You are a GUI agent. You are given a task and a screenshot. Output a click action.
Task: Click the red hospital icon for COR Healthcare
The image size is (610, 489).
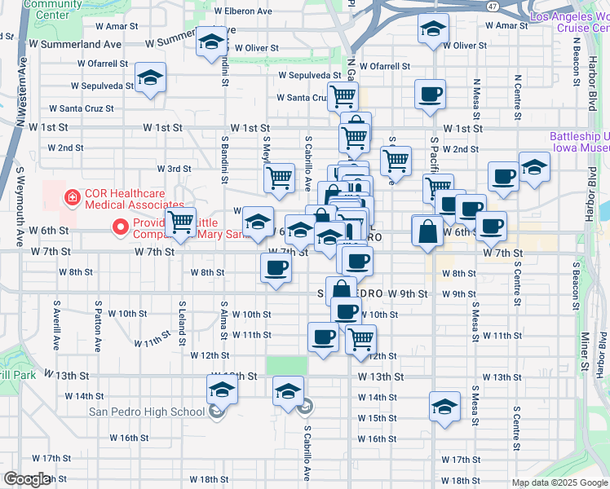[72, 196]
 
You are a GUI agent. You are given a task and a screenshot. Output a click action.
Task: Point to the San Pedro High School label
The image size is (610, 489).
[147, 411]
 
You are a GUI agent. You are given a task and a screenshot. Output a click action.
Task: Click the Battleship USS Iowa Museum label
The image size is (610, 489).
[579, 143]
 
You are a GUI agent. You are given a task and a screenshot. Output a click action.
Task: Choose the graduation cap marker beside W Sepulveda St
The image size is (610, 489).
[150, 78]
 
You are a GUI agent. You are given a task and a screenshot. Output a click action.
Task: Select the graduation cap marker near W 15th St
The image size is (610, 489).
[444, 407]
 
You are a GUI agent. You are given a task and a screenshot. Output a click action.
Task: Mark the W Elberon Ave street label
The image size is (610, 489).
[243, 11]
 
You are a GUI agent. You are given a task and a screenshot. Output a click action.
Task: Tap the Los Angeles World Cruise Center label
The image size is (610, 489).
[569, 21]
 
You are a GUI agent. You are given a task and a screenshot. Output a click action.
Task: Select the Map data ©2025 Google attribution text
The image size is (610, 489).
[559, 482]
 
